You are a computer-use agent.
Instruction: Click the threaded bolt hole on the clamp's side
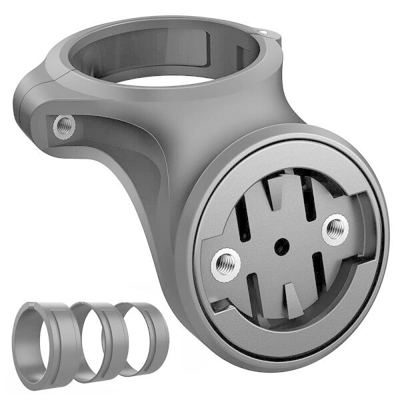64,125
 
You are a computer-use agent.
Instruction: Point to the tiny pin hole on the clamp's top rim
263,31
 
